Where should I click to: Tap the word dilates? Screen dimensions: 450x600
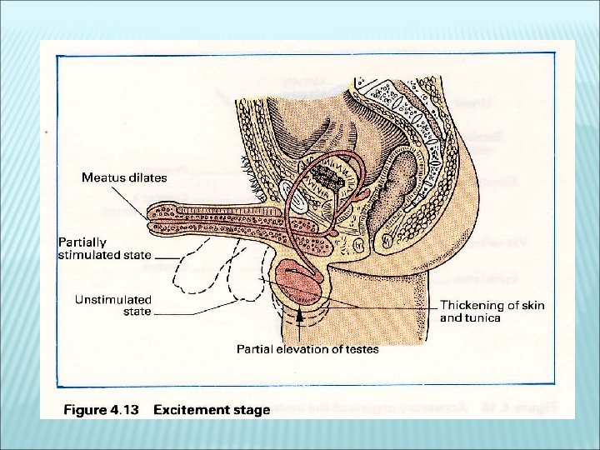click(x=147, y=177)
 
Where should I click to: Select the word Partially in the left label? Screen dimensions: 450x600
click(x=82, y=242)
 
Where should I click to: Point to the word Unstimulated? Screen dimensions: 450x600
click(x=113, y=299)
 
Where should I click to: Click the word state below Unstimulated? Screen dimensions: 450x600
click(x=137, y=312)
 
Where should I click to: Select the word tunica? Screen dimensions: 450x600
click(x=484, y=317)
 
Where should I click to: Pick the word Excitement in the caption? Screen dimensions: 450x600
click(x=194, y=409)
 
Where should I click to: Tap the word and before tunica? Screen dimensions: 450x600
click(x=452, y=317)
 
